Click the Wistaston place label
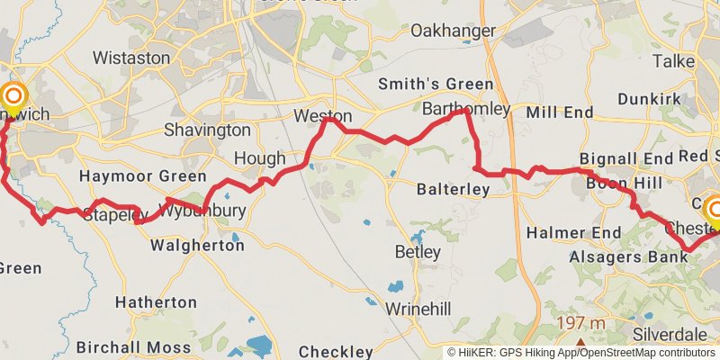(131, 58)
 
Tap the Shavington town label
(207, 130)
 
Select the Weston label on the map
(322, 116)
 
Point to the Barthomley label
(466, 109)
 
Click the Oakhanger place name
(453, 31)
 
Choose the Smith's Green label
(436, 85)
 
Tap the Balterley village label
(453, 190)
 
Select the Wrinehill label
(418, 309)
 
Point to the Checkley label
(336, 351)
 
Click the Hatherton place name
(156, 302)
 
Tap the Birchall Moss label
(133, 347)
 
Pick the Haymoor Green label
(142, 175)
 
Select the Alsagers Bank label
(628, 256)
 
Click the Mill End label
(560, 112)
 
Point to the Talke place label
(673, 61)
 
